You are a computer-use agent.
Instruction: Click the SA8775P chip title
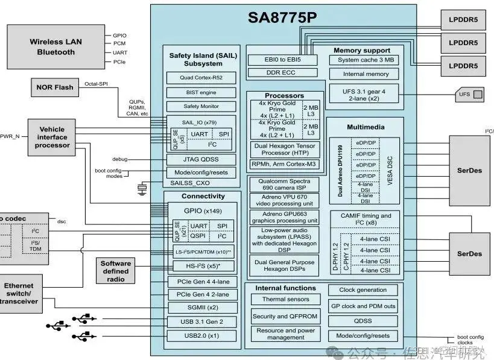(x=282, y=17)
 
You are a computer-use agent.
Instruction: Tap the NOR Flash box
(x=55, y=87)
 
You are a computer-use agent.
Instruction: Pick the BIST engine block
(x=201, y=92)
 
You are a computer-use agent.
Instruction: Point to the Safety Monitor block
(x=201, y=107)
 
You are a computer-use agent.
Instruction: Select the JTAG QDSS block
(x=201, y=159)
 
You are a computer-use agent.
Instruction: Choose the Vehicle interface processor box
(x=52, y=137)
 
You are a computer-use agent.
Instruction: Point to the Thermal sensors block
(x=285, y=299)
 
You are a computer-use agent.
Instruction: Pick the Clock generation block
(x=363, y=290)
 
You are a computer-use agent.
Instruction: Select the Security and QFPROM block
(x=285, y=316)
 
